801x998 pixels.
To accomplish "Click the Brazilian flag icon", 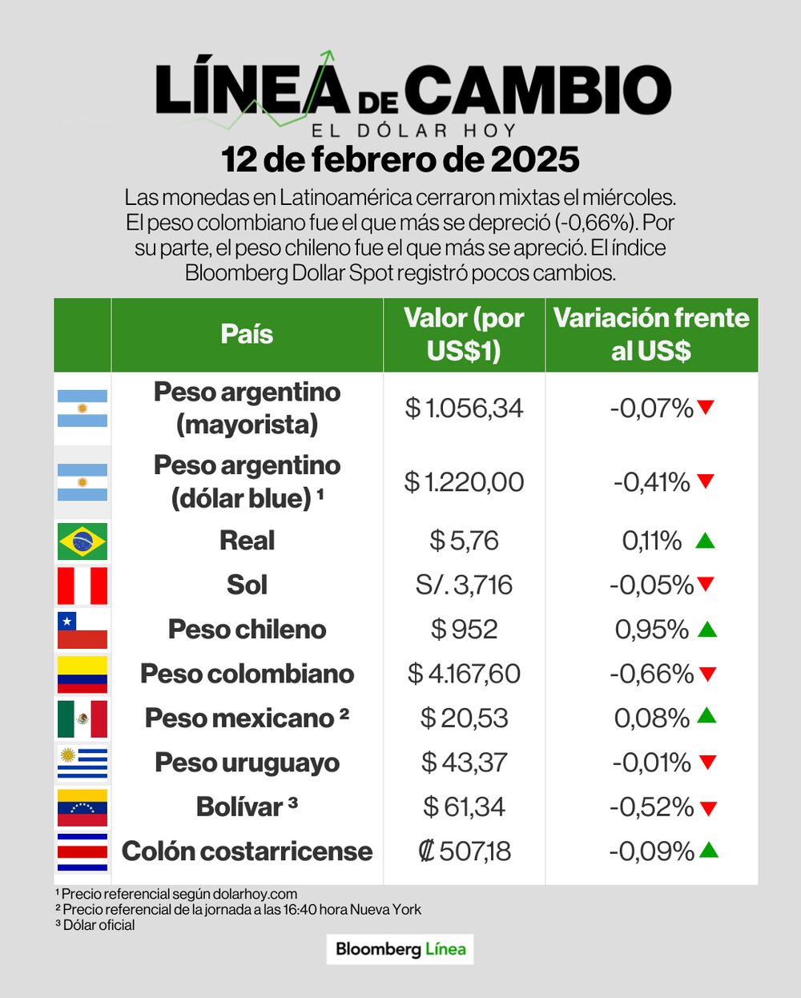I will coord(82,541).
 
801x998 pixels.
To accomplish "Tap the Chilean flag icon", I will coord(82,630).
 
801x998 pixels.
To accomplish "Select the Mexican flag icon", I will coord(82,718).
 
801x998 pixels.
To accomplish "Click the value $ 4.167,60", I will coord(464,674).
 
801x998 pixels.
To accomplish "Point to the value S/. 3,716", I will coord(464,585).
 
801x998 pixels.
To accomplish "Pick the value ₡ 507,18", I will coord(464,851).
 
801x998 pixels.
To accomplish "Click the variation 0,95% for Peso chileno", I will coord(651,630).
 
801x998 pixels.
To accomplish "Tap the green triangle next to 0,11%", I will coord(705,541).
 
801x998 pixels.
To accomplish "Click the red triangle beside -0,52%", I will coord(707,808).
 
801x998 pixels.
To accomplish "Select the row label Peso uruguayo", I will coord(247,763).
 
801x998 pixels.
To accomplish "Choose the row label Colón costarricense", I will coord(247,851).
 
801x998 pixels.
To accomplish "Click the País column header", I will coord(247,334).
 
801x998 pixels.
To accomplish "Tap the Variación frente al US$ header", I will coord(651,334).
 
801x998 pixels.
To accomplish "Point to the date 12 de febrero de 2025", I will coord(400,159).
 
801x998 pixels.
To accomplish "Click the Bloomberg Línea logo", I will coord(400,949).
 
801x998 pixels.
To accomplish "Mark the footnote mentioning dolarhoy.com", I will coord(176,894).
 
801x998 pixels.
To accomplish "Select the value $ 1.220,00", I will coord(464,482).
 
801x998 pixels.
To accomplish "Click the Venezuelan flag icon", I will coord(82,807).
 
